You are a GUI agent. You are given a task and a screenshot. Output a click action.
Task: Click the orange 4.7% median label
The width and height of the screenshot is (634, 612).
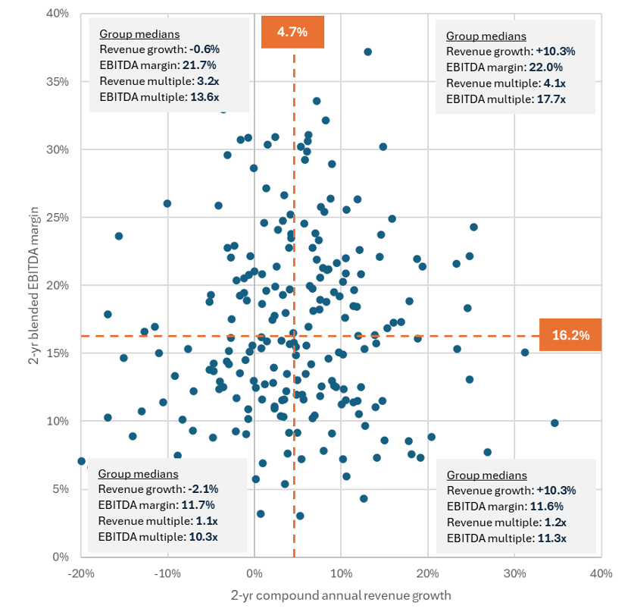click(x=292, y=32)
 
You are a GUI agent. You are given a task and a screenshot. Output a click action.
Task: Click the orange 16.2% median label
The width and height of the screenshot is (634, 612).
click(x=570, y=335)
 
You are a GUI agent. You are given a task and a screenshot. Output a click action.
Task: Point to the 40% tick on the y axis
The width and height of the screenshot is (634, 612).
click(x=58, y=14)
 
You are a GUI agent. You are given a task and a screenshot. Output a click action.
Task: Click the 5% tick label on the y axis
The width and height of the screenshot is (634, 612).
click(x=61, y=489)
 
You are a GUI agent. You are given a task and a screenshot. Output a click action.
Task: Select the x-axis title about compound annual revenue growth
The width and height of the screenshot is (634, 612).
click(x=340, y=595)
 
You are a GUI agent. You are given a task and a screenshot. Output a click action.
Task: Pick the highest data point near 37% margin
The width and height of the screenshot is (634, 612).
click(x=367, y=52)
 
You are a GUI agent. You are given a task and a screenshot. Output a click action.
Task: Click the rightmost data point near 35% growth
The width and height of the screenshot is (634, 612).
click(x=554, y=423)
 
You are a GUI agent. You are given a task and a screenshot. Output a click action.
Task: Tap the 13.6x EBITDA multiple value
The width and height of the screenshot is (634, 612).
click(x=204, y=97)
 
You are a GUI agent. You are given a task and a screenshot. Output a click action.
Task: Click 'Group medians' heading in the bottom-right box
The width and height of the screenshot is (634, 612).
click(x=486, y=475)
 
